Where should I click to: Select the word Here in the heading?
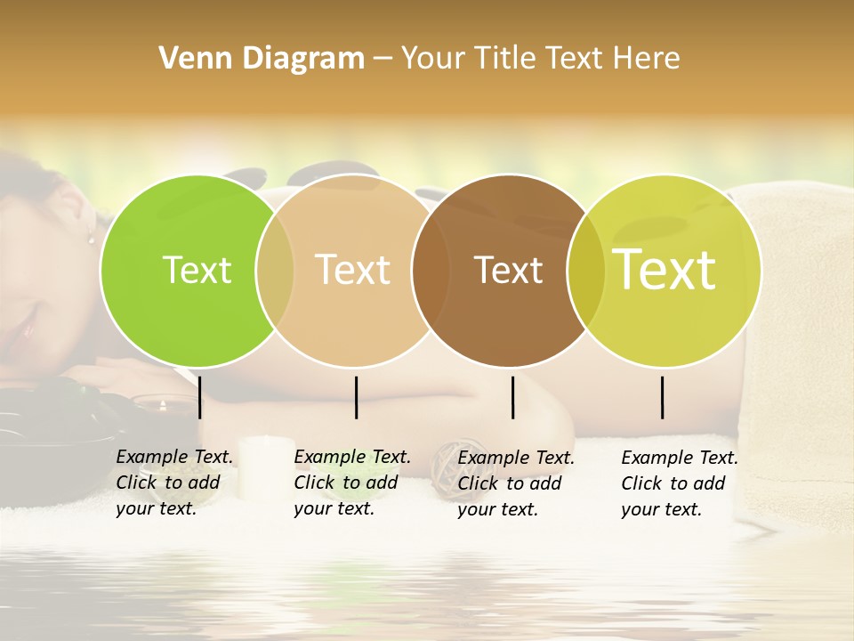(647, 59)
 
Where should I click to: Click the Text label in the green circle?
(197, 270)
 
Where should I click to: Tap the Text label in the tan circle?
(353, 270)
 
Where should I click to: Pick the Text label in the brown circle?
(508, 270)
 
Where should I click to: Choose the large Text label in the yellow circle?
(665, 270)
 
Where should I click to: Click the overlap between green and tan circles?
(275, 270)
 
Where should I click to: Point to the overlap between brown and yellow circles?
(586, 270)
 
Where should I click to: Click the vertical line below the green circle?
(200, 397)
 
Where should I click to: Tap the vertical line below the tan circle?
(356, 397)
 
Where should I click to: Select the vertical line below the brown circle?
(512, 397)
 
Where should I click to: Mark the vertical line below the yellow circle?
(663, 397)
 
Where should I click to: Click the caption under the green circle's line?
(173, 483)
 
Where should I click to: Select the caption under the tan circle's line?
(351, 483)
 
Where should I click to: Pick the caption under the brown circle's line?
(515, 483)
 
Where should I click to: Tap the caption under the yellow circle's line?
(679, 483)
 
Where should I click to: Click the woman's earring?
(91, 236)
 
